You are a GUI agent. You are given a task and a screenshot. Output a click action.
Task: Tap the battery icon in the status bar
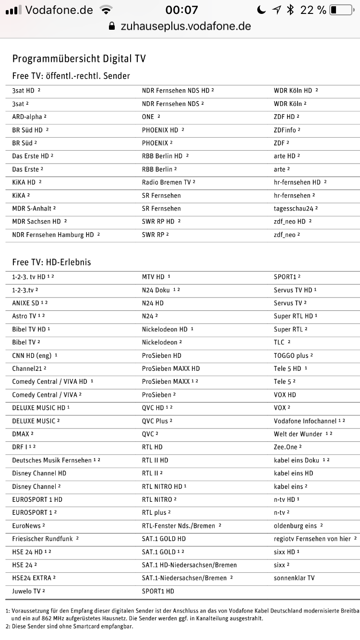[340, 10]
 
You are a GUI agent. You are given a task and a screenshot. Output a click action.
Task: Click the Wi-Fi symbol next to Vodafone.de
[106, 10]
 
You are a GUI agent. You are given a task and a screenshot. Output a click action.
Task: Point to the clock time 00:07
[181, 10]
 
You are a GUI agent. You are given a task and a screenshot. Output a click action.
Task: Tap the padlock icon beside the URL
[112, 26]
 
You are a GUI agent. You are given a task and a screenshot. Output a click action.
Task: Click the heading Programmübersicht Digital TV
[79, 59]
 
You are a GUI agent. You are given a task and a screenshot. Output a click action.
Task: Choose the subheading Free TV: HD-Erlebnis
[51, 262]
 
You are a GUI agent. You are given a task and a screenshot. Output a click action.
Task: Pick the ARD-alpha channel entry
[27, 117]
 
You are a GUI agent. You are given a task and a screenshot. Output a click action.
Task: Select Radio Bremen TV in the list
[166, 182]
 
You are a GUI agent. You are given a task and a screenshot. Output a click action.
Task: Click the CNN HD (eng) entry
[32, 356]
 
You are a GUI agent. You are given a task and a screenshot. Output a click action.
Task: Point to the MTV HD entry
[153, 277]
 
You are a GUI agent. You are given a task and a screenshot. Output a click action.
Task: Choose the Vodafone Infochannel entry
[305, 421]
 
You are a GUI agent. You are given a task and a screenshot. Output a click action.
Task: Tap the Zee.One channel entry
[286, 447]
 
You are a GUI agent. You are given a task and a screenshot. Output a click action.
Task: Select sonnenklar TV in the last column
[294, 578]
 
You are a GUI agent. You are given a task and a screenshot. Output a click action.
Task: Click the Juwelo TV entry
[26, 591]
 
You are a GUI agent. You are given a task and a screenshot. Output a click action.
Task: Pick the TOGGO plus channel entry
[291, 356]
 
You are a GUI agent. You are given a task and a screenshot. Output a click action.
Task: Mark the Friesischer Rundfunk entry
[42, 539]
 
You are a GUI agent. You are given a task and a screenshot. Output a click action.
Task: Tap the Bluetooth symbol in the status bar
[290, 10]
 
